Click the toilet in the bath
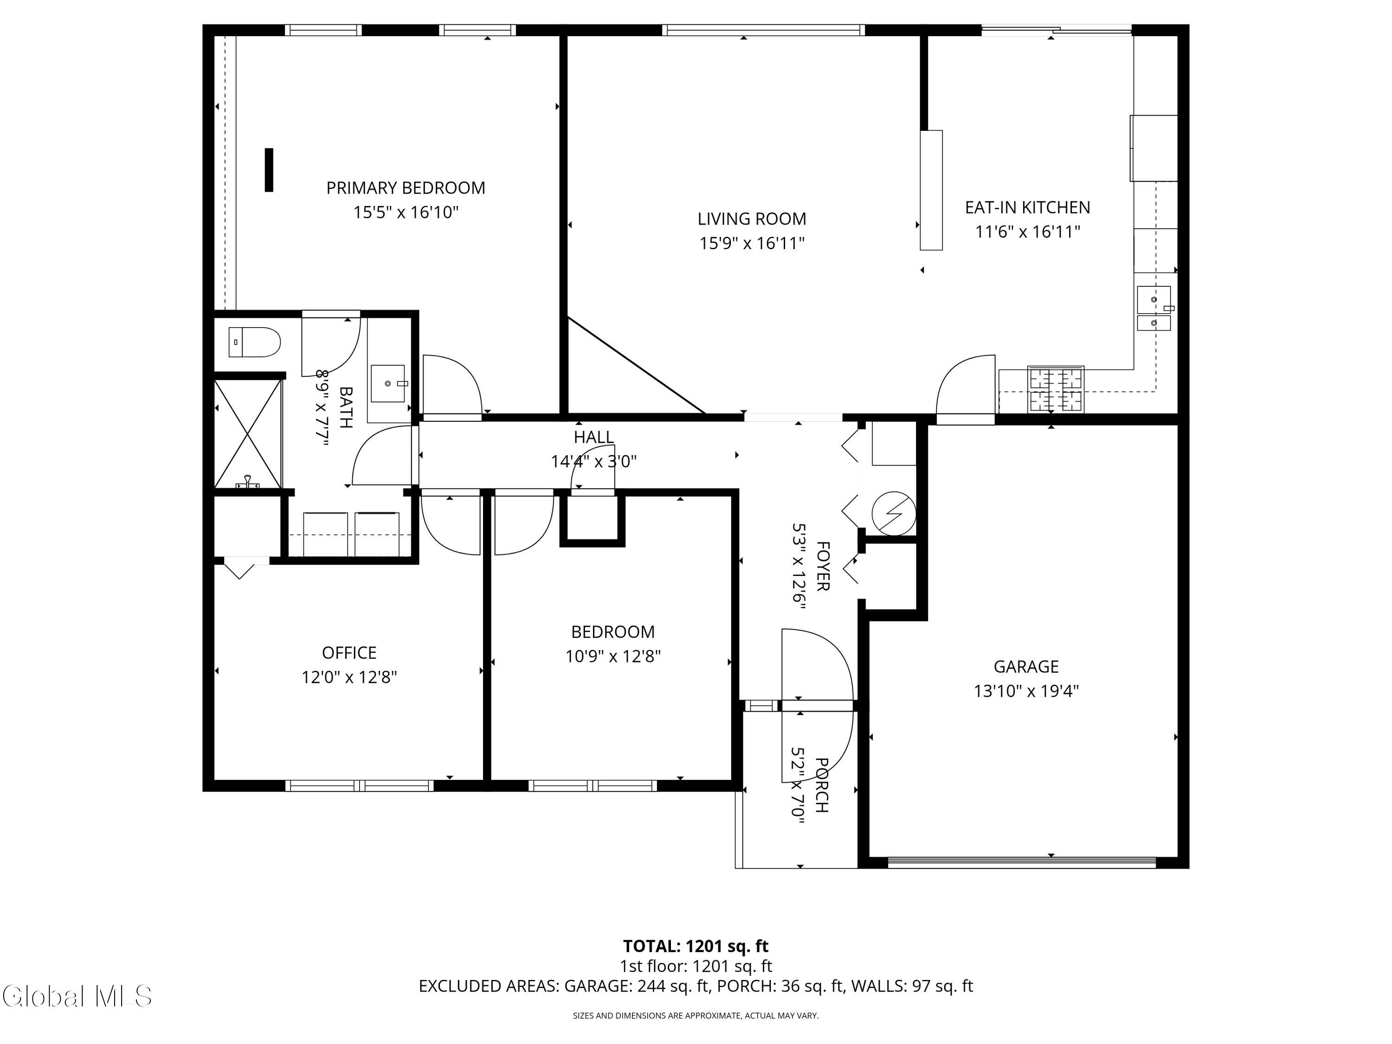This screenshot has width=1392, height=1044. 254,342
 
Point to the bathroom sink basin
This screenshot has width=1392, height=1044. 387,383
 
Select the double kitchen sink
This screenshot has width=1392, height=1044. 1154,309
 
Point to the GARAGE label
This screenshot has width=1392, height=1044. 1026,666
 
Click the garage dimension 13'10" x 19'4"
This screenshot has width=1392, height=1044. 1026,691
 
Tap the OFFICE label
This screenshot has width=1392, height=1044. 349,652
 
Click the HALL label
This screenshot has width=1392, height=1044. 593,437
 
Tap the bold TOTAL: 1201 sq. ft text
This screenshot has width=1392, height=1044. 696,946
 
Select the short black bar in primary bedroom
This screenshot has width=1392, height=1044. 269,170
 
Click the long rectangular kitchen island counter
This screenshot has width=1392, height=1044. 931,190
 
